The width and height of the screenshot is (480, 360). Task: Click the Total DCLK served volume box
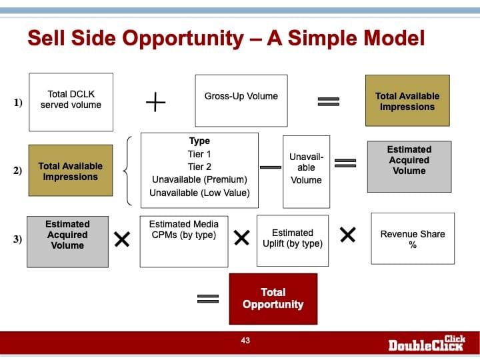[x=71, y=102]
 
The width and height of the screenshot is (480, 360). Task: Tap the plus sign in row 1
[x=155, y=102]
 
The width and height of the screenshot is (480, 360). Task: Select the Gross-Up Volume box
[x=241, y=101]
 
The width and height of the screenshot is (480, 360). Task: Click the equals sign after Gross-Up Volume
[x=329, y=101]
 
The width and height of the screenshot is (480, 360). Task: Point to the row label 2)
[x=18, y=171]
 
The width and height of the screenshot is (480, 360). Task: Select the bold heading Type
[x=199, y=141]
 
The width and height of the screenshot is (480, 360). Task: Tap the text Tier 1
[x=199, y=154]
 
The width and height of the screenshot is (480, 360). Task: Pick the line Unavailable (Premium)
[x=199, y=179]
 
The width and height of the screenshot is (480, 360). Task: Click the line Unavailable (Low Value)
[x=199, y=193]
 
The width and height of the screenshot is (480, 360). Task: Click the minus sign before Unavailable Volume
[x=270, y=167]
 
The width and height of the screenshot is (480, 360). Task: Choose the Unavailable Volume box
[x=307, y=172]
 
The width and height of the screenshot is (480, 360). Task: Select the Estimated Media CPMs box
[x=184, y=241]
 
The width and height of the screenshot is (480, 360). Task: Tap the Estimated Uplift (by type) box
[x=293, y=241]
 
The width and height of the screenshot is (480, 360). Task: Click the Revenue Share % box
[x=413, y=239]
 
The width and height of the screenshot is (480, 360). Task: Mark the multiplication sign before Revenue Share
[x=348, y=235]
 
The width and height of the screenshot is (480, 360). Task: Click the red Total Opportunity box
[x=273, y=299]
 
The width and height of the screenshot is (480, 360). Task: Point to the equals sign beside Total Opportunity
[x=208, y=299]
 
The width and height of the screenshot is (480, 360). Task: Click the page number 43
[x=245, y=341]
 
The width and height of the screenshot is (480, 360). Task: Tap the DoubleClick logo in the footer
[x=427, y=343]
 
